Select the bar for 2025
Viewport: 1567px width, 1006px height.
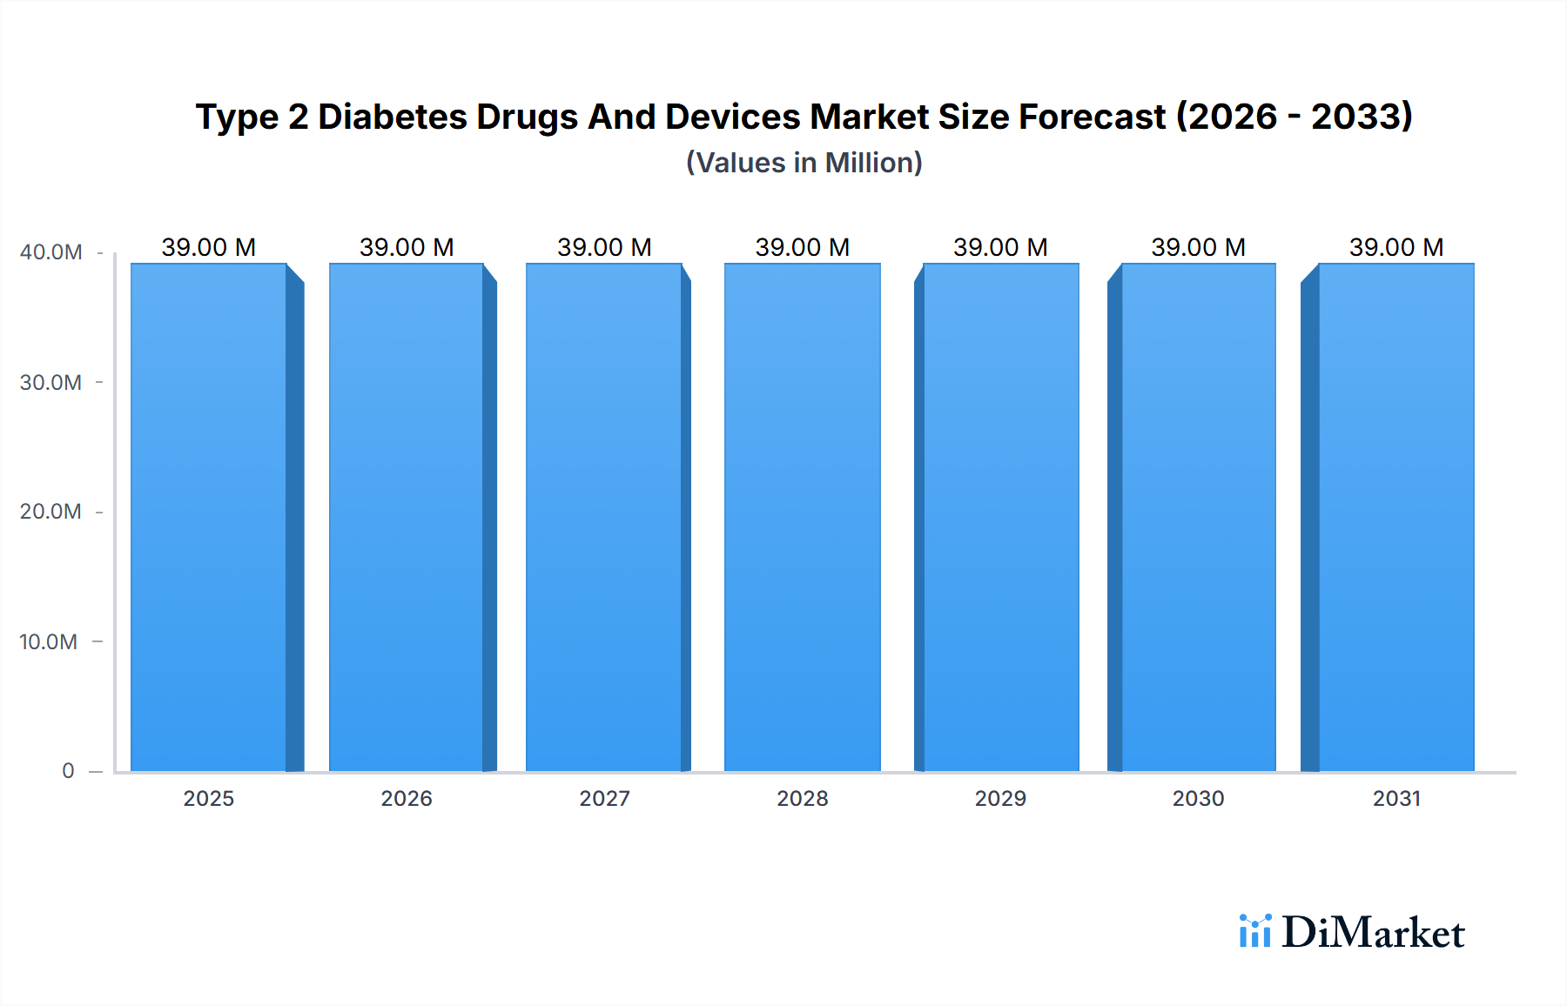tap(209, 518)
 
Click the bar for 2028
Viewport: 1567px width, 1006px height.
tap(802, 518)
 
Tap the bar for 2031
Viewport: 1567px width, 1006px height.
tap(1396, 518)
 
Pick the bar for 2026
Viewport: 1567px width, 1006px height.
tap(407, 518)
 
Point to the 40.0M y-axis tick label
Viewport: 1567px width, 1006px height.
tap(50, 252)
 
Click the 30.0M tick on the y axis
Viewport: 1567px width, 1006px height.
tap(50, 383)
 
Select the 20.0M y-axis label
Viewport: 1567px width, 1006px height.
tap(50, 512)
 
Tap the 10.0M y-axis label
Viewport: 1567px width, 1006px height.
tap(49, 642)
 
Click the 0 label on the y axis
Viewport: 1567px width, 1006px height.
tap(68, 771)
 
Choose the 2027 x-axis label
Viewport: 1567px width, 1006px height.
tap(604, 799)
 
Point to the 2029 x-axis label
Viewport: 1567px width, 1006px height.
tap(1000, 799)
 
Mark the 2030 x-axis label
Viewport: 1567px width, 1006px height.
tap(1198, 799)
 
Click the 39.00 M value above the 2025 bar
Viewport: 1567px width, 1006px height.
tap(209, 247)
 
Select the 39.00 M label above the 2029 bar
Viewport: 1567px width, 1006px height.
tap(1000, 247)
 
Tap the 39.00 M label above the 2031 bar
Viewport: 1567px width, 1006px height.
tap(1396, 247)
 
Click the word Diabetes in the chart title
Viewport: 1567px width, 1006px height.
tap(393, 117)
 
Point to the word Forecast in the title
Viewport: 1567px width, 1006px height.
tap(1092, 117)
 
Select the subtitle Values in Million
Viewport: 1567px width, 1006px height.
tap(804, 163)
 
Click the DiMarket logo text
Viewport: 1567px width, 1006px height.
tap(1373, 933)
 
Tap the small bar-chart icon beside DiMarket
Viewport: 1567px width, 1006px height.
tap(1254, 931)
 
